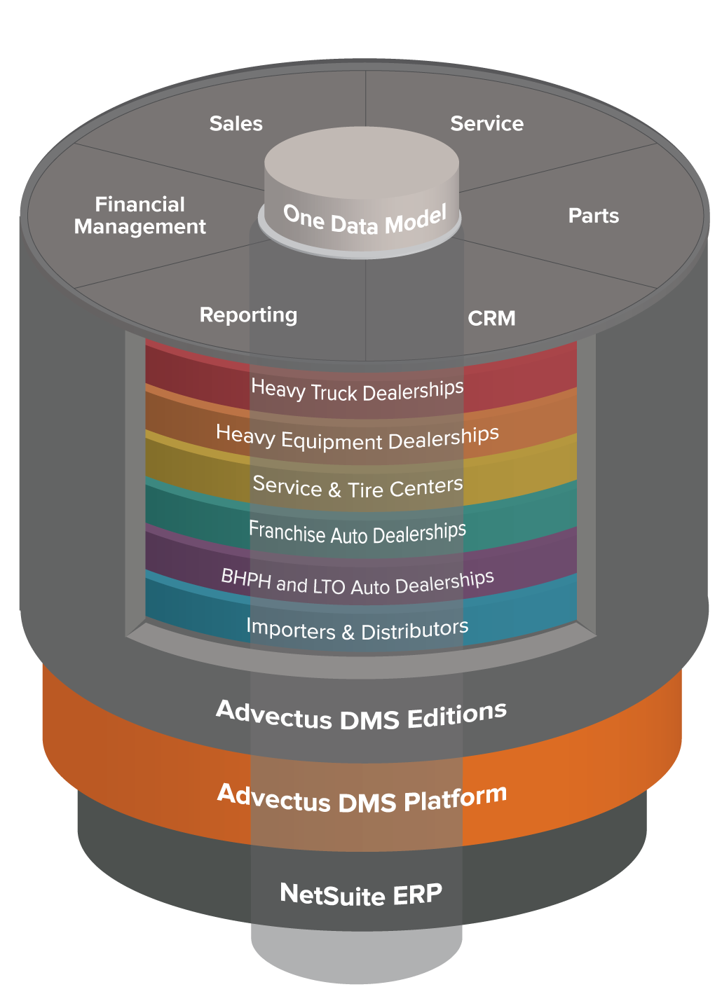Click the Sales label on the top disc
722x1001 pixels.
tap(236, 123)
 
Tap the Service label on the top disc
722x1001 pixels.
tap(487, 123)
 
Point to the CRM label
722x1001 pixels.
tap(491, 318)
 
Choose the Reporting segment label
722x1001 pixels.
tap(248, 315)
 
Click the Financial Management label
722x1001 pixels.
tap(140, 215)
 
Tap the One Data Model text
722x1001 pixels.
tap(365, 220)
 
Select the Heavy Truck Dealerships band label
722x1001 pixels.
tap(357, 389)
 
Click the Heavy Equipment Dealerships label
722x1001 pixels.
tap(357, 438)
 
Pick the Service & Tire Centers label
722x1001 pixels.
tap(357, 487)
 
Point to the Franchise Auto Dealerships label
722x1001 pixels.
tap(357, 532)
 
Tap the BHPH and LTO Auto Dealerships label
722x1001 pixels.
tap(357, 582)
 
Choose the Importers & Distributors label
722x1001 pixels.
tap(357, 629)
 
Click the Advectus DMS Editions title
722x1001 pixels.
tap(361, 716)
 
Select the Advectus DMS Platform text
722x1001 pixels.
tap(362, 799)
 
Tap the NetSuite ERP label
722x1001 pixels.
tap(361, 894)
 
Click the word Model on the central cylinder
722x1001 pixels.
tap(416, 219)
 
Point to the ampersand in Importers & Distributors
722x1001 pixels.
tap(348, 632)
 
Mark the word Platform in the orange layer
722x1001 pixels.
tap(455, 796)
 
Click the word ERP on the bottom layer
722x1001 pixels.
tap(417, 893)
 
